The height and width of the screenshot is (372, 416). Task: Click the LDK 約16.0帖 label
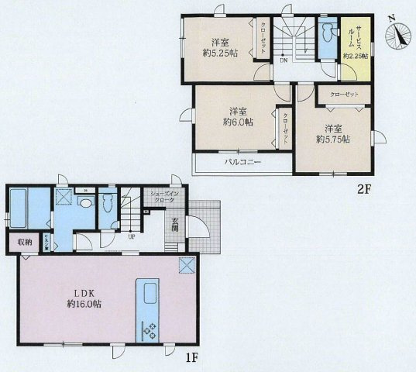(x=83, y=298)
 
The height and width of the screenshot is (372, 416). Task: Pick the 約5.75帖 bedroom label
(x=332, y=133)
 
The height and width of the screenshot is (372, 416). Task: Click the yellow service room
(x=356, y=46)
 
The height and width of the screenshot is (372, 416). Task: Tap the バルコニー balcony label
(x=242, y=163)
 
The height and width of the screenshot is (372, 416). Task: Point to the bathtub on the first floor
(x=19, y=207)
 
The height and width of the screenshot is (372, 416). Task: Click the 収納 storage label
(x=25, y=242)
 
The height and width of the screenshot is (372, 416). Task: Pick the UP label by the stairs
(x=132, y=236)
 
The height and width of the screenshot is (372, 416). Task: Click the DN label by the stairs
(x=284, y=60)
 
